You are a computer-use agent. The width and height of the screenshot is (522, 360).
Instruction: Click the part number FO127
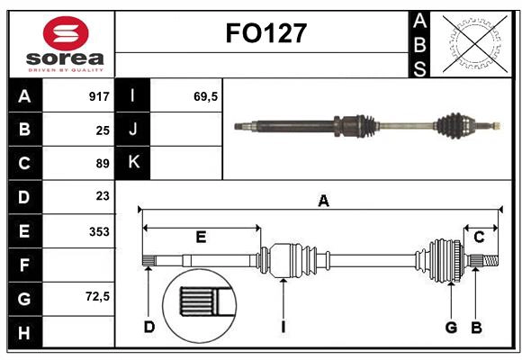(265, 34)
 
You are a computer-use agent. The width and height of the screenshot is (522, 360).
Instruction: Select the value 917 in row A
(98, 96)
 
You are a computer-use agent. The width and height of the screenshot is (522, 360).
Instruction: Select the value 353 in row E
(98, 231)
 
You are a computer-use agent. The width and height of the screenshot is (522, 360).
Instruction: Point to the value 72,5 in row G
(96, 295)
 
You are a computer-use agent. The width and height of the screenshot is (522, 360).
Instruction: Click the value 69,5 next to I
(206, 96)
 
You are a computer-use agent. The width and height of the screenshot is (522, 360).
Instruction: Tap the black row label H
(24, 333)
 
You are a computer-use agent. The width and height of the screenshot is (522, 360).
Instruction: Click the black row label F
(24, 265)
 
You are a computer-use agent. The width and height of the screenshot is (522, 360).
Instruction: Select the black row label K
(133, 163)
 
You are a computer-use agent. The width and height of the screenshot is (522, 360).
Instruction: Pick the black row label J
(133, 130)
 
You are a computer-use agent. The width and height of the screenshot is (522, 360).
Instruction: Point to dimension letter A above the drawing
(323, 202)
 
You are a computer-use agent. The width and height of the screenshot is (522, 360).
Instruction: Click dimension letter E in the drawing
(201, 238)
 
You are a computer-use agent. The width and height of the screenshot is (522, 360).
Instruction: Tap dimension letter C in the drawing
(479, 238)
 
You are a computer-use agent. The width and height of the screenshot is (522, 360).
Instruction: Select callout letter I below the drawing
(283, 327)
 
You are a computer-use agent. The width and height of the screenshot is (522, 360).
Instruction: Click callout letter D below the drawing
(149, 327)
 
